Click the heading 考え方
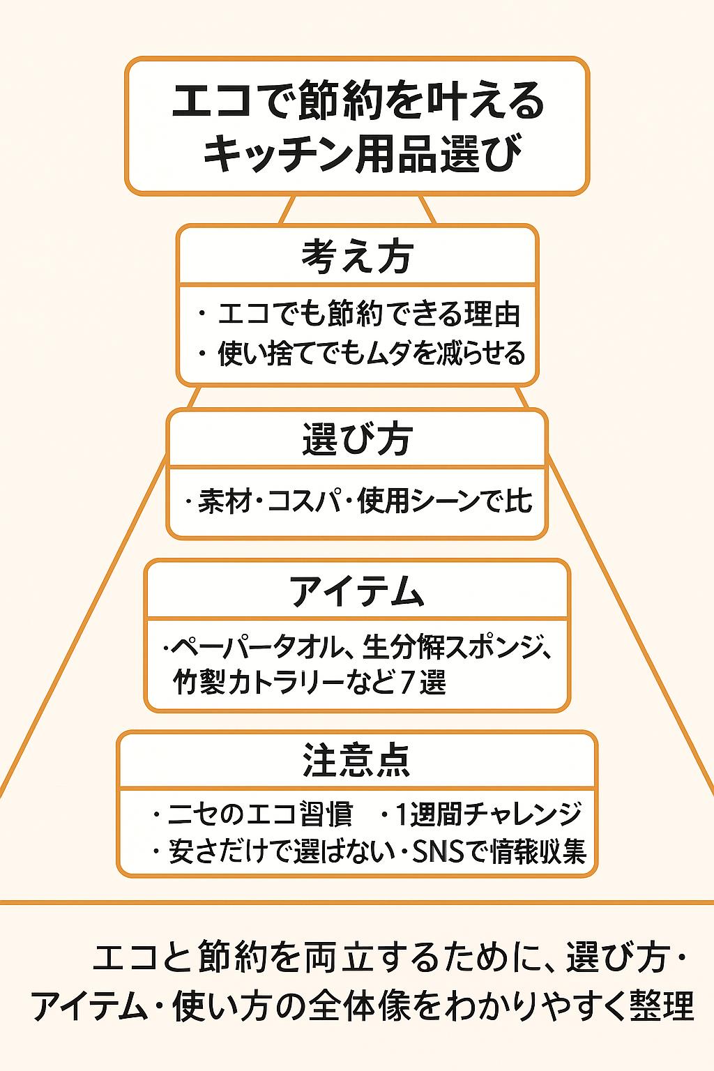(x=357, y=256)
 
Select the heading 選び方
(x=357, y=439)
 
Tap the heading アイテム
(x=357, y=591)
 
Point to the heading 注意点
(x=357, y=760)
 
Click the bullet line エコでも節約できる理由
(x=369, y=314)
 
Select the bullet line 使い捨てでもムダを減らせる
(x=371, y=354)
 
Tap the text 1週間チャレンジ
(x=489, y=814)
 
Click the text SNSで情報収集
(x=499, y=851)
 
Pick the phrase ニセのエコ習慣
(x=260, y=814)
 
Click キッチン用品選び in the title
(x=363, y=153)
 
